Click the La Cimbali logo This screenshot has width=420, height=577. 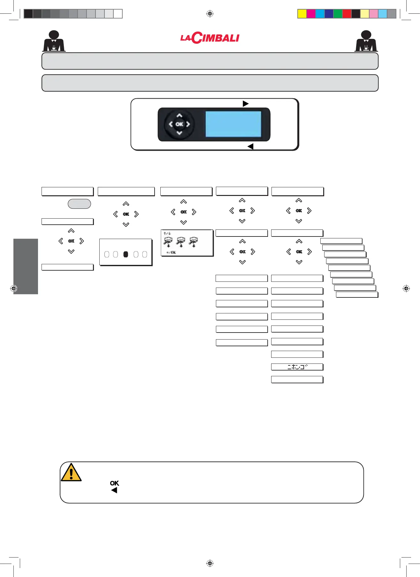210,38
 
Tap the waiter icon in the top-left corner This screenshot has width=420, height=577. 54,41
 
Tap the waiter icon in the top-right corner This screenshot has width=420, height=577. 366,41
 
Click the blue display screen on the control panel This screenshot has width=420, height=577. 233,124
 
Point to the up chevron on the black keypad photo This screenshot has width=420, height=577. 179,116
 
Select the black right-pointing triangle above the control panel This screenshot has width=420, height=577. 245,104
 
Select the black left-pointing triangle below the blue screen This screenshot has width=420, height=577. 251,146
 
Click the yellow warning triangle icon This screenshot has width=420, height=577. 71,473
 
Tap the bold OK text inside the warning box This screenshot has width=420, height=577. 114,483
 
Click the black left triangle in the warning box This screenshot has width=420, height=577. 114,490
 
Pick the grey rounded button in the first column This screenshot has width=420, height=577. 79,204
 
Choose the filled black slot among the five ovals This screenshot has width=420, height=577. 126,254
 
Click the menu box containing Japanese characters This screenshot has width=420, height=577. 297,367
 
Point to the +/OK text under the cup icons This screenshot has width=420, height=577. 171,252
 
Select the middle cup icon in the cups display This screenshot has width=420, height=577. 181,242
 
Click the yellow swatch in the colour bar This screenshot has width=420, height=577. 302,14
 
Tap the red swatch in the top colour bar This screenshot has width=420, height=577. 347,14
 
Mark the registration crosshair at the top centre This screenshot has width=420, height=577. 210,14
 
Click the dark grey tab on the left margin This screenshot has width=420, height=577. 26,266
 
